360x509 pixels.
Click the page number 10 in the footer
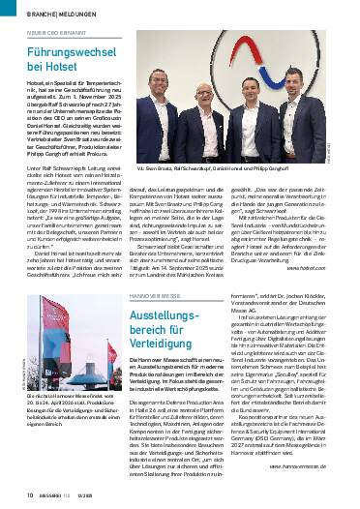click(16, 496)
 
